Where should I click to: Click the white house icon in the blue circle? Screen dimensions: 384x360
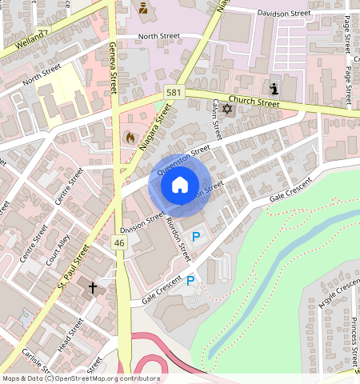click(180, 186)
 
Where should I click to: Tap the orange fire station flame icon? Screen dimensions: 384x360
click(130, 138)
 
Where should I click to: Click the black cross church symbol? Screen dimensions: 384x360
click(93, 287)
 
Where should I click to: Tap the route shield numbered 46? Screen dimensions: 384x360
click(120, 242)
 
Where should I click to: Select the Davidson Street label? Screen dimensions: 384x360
click(283, 14)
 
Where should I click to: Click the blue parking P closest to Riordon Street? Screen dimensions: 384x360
click(197, 236)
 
